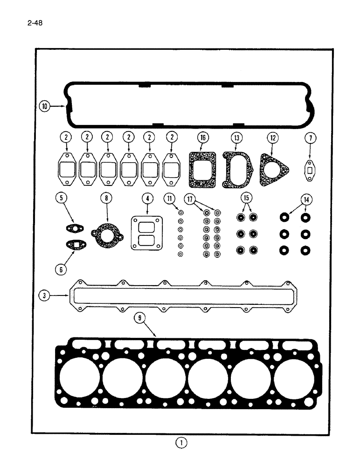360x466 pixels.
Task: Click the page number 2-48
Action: tap(35, 22)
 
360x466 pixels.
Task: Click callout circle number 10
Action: tap(45, 107)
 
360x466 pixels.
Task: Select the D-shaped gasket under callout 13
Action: tap(236, 171)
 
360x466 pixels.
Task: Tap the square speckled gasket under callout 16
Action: tap(203, 171)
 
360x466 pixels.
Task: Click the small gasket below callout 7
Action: tap(309, 170)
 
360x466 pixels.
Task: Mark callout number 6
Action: tap(62, 269)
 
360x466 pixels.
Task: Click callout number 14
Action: tap(306, 199)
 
